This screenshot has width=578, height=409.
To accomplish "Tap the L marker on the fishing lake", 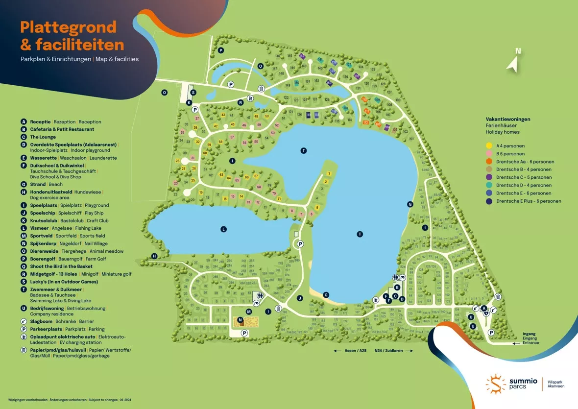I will tap(223, 229).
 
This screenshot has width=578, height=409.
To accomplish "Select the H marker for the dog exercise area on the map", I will tap(154, 256).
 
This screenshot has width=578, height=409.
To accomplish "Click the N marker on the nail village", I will tap(240, 320).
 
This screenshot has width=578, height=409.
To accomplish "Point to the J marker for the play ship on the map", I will tap(299, 298).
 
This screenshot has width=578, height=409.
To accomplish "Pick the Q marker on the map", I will tap(261, 66).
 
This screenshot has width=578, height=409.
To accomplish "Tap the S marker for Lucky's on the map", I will tap(193, 92).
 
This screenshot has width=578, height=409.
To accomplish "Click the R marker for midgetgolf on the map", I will tap(241, 102).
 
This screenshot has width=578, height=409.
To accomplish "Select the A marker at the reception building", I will tap(484, 308).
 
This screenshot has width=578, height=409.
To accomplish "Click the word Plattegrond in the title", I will tap(69, 27).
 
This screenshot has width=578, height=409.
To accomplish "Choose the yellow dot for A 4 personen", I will tap(489, 145).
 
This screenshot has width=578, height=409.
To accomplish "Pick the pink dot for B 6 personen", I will tap(489, 153).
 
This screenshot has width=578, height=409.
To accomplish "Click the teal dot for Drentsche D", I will tap(489, 185).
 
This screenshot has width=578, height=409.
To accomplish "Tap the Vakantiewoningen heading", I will tap(508, 119).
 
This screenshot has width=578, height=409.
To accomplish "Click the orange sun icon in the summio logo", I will tap(496, 384).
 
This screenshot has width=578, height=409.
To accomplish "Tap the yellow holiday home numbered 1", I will tap(329, 174).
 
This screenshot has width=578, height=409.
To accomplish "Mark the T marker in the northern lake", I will tap(304, 150).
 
